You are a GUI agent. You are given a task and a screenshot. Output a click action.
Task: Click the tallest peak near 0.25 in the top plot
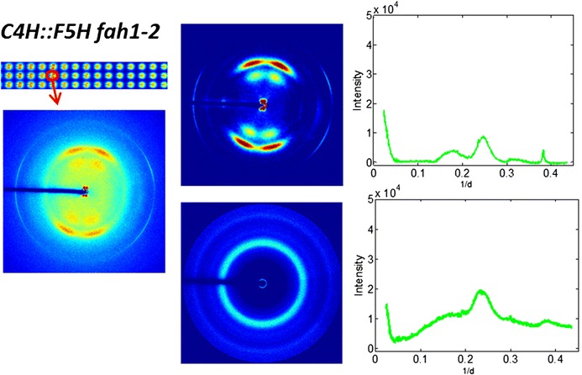tap(483, 137)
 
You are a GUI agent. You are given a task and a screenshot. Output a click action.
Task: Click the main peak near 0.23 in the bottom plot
tap(480, 291)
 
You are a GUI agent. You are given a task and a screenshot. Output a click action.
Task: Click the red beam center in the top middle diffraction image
tap(264, 105)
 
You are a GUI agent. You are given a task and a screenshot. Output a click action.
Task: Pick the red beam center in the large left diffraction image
tap(85, 192)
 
